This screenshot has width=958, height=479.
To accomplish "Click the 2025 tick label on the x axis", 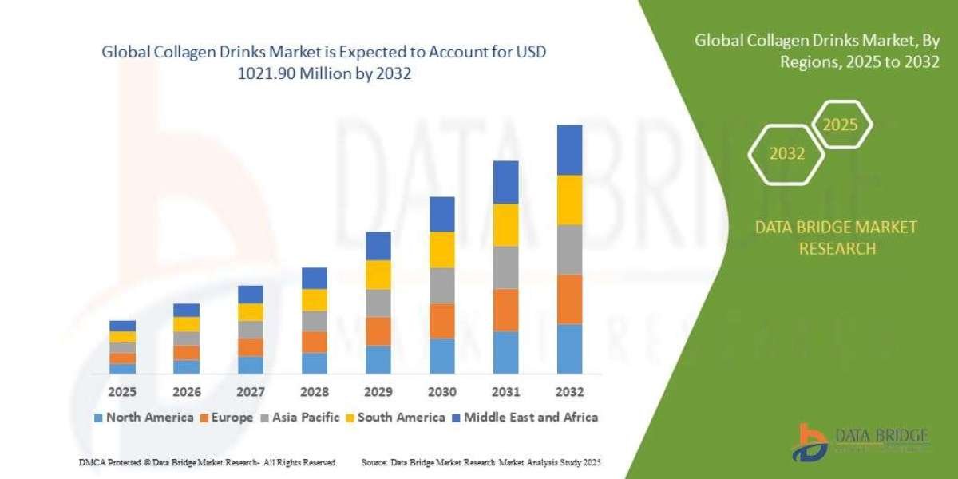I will (x=122, y=392).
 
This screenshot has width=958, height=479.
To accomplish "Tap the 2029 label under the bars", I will (x=378, y=392).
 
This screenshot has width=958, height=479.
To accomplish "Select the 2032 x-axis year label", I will (x=569, y=392).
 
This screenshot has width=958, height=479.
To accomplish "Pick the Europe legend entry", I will (x=227, y=417).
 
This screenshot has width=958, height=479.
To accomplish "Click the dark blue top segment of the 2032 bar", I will (x=569, y=150).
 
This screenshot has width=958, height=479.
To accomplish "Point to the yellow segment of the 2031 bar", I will (x=505, y=225).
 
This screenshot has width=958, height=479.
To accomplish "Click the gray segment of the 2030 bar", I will (x=441, y=285).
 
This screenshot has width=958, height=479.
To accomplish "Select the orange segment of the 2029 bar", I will (x=378, y=331).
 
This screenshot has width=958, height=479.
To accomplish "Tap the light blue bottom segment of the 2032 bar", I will (x=569, y=348).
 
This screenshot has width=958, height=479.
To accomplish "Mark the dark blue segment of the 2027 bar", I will (x=250, y=294).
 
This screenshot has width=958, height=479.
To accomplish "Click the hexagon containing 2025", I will (x=841, y=125).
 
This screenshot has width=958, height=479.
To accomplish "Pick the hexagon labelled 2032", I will (x=786, y=154).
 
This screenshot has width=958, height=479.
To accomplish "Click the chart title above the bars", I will (x=323, y=62).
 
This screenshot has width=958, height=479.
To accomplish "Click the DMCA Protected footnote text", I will (x=208, y=462).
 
